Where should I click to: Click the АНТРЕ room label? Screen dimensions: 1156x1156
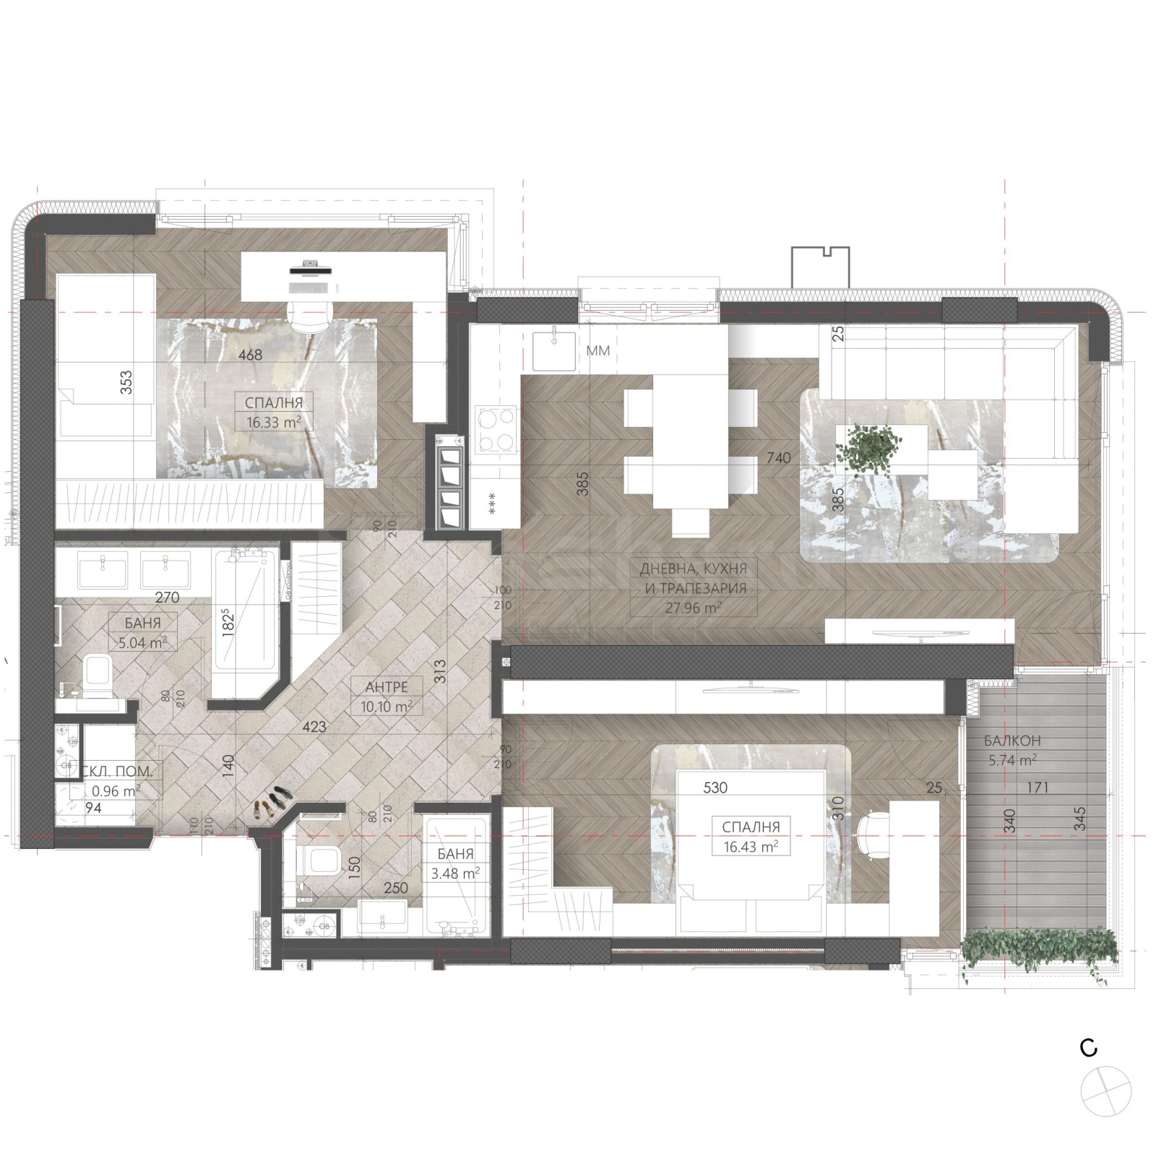point(386,686)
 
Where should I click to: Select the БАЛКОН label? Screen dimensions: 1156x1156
point(1012,741)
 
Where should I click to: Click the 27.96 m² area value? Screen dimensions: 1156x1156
point(693,608)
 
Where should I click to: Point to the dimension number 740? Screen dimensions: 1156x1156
point(779,457)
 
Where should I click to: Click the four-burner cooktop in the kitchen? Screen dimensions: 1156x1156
point(496,430)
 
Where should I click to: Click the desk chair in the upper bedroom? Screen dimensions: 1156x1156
point(310,314)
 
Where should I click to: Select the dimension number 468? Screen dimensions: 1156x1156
point(251,355)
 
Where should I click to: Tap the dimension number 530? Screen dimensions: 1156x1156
point(715,788)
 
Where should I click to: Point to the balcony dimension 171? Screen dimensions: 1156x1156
point(1037,788)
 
